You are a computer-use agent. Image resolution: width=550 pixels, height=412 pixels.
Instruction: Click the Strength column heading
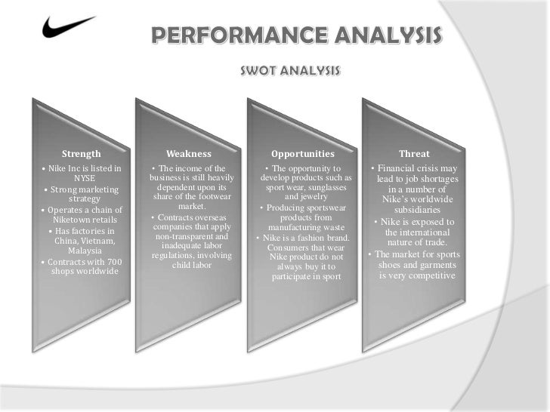81,154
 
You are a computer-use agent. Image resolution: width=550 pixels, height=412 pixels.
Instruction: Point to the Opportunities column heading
302,154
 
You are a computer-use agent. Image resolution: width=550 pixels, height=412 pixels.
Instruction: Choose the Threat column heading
414,154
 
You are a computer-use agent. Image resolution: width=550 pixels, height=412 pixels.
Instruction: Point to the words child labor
190,265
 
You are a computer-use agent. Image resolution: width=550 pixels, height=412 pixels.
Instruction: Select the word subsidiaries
417,210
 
